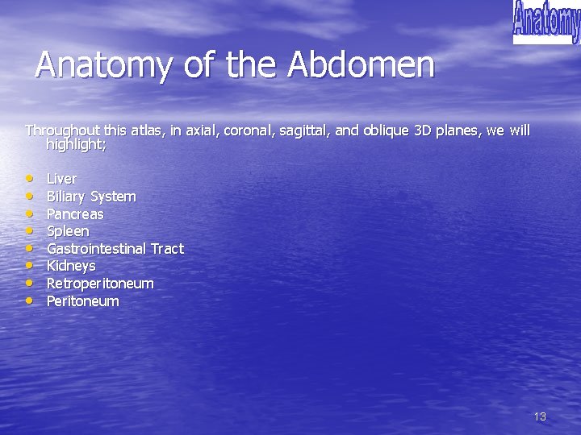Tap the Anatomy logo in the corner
click(x=546, y=22)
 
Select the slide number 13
click(x=540, y=416)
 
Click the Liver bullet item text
click(x=61, y=179)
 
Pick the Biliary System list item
click(x=91, y=197)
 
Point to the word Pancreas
click(x=75, y=214)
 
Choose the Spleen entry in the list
click(x=68, y=231)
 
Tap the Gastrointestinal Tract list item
click(x=115, y=249)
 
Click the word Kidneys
click(x=71, y=266)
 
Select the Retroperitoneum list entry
click(x=100, y=284)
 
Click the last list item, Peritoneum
click(x=82, y=301)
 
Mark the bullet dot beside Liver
click(x=30, y=179)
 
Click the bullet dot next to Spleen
click(x=30, y=231)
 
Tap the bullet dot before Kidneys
click(x=30, y=266)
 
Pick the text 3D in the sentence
click(x=423, y=130)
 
